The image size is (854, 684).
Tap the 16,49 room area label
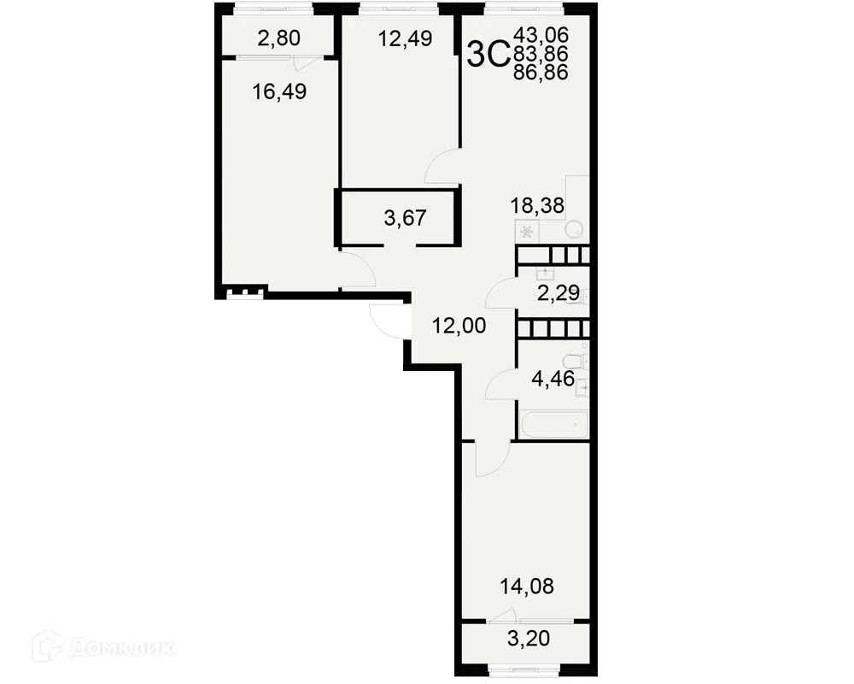[x=279, y=91]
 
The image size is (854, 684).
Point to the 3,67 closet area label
[x=405, y=219]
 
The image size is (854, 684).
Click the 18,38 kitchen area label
[x=537, y=205]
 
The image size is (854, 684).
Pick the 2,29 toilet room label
[x=558, y=294]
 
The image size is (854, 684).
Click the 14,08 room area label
[x=527, y=587]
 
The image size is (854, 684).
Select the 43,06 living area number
[x=541, y=36]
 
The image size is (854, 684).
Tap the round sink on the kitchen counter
[x=575, y=229]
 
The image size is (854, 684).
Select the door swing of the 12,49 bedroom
[x=442, y=167]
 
